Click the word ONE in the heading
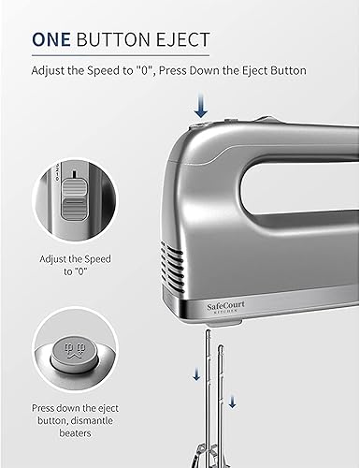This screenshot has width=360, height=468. pos(51,39)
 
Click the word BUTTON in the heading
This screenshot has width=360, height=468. pos(113,39)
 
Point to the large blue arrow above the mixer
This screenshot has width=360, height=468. pos(201,106)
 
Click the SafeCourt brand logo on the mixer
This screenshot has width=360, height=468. pos(226,306)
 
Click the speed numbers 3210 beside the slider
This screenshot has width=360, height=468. pos(57,172)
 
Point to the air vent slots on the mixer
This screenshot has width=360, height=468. pos(171,265)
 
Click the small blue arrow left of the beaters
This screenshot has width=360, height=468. pos(196,374)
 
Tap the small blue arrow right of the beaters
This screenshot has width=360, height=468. pos(232,402)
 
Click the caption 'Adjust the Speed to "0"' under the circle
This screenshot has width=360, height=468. pos(75,265)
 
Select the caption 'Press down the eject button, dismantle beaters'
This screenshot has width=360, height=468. pos(75,420)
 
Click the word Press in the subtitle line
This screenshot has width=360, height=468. pos(173,70)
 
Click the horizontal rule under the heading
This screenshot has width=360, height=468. pos(121,56)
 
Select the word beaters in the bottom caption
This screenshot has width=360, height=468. pos(75,433)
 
